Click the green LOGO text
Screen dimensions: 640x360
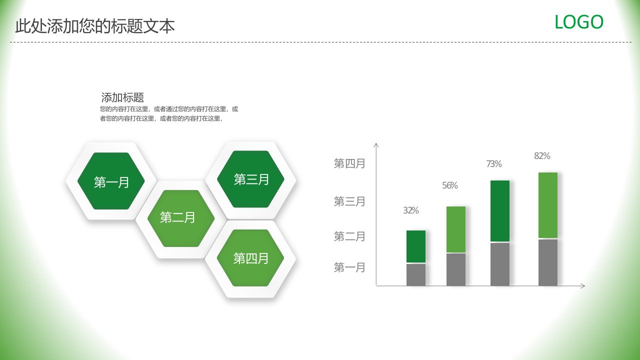[x=579, y=22]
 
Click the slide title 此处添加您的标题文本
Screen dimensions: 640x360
[x=95, y=26]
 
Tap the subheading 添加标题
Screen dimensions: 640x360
[x=122, y=97]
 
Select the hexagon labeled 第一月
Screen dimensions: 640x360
[x=111, y=181]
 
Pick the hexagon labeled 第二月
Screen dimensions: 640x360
[x=181, y=218]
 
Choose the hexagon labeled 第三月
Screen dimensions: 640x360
[x=250, y=179]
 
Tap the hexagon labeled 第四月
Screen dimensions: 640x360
[x=250, y=258]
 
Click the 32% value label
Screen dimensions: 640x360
[x=411, y=210]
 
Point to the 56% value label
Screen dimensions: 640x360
[x=449, y=185]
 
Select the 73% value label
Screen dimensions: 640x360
[x=493, y=163]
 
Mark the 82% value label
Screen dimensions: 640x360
[x=542, y=155]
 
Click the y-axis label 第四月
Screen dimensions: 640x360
[x=349, y=163]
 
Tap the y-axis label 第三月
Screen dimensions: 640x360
[x=349, y=201]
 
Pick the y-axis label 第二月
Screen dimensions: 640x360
[x=349, y=236]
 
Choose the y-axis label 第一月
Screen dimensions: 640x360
[x=349, y=267]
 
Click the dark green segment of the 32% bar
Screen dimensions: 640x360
[x=416, y=246]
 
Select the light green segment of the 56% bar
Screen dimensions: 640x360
[x=456, y=229]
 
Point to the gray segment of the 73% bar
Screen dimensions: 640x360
[x=500, y=264]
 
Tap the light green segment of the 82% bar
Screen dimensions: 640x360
[x=548, y=205]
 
